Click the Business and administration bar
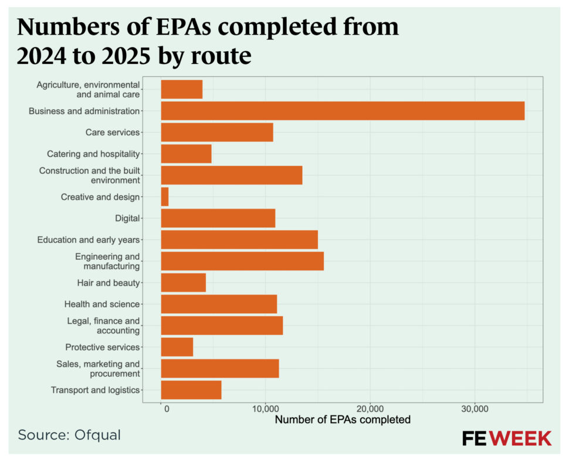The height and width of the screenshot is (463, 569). click(343, 111)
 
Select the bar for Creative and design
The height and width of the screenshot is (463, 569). click(165, 197)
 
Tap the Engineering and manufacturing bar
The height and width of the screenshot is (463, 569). click(242, 261)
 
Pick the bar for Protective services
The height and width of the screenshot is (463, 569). click(177, 347)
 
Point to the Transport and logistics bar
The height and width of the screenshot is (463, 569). click(191, 390)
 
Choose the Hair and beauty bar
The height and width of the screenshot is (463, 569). click(184, 283)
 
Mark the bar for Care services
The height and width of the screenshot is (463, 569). click(217, 132)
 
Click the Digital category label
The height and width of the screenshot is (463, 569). click(127, 219)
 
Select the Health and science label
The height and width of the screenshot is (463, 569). click(102, 304)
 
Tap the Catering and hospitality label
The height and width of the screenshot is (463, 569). click(93, 154)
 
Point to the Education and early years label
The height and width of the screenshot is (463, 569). click(89, 240)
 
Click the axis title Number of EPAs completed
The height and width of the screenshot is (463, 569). click(343, 420)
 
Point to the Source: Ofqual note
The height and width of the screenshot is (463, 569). click(69, 435)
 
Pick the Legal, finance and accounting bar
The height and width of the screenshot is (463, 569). click(222, 326)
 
